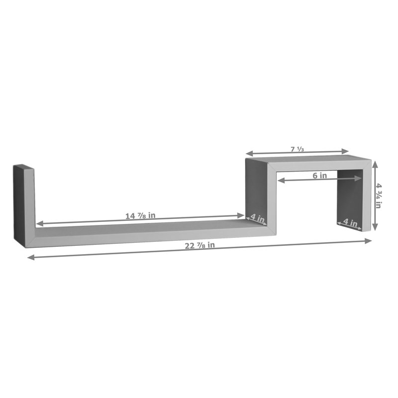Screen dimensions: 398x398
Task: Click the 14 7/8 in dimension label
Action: (141, 215)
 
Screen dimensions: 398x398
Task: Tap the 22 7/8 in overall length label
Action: (199, 245)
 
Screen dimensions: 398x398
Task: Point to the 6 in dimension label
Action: (319, 175)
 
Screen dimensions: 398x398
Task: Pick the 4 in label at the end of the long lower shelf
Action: (257, 217)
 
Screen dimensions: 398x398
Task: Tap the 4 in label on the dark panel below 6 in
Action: (350, 223)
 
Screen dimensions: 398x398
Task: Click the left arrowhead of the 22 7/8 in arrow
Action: (30, 257)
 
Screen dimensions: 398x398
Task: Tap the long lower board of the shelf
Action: (149, 232)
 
